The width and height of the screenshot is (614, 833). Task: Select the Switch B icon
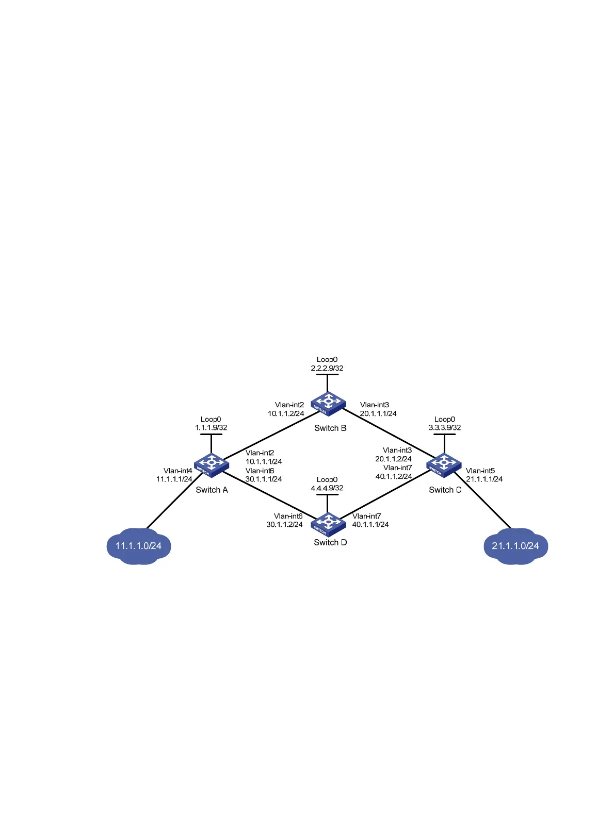[328, 403]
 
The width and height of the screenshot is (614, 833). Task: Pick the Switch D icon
[328, 524]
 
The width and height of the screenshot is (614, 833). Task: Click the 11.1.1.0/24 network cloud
[138, 546]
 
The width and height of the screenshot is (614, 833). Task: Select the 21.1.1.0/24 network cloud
[515, 546]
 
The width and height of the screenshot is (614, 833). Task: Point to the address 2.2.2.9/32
[327, 369]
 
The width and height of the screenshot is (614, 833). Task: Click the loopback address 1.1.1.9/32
[211, 428]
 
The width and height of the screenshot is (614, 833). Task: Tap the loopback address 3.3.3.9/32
[445, 428]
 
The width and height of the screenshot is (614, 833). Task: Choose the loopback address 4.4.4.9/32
[327, 488]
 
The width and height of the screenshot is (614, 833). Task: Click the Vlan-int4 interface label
[178, 471]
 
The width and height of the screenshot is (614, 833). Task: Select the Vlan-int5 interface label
[480, 471]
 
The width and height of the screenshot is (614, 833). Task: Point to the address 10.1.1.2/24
[286, 413]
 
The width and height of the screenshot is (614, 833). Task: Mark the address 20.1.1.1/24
[378, 413]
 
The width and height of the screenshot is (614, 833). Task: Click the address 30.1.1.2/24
[284, 525]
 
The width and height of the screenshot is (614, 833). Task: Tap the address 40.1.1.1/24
[370, 525]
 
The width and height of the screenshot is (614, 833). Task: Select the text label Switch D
[330, 542]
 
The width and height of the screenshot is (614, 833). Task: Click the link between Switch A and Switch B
[268, 436]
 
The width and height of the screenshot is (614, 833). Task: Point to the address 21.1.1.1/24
[484, 479]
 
